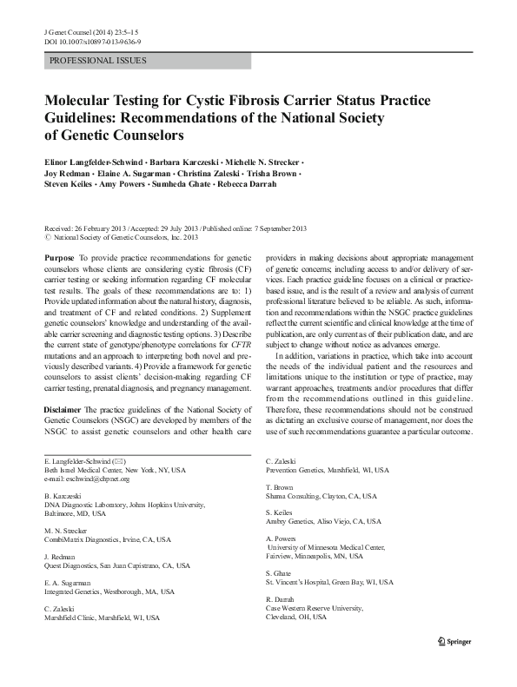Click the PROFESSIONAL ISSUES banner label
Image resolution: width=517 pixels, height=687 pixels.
[98, 61]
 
